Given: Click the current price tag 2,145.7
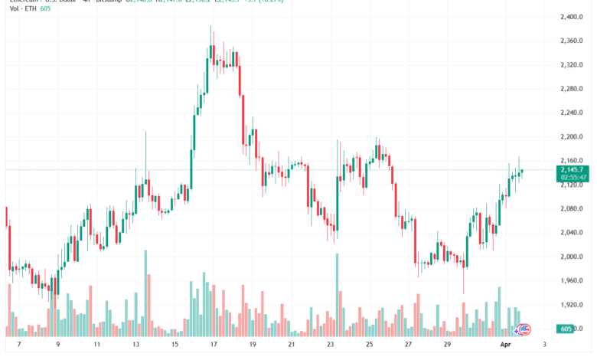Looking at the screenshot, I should point(573,169).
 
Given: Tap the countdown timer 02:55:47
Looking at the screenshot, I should point(573,177).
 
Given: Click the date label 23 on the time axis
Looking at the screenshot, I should point(331,345).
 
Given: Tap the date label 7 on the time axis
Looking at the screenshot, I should point(18,345).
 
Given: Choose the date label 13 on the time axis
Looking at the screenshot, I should point(135,345).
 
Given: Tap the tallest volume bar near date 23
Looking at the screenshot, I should point(337,295).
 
